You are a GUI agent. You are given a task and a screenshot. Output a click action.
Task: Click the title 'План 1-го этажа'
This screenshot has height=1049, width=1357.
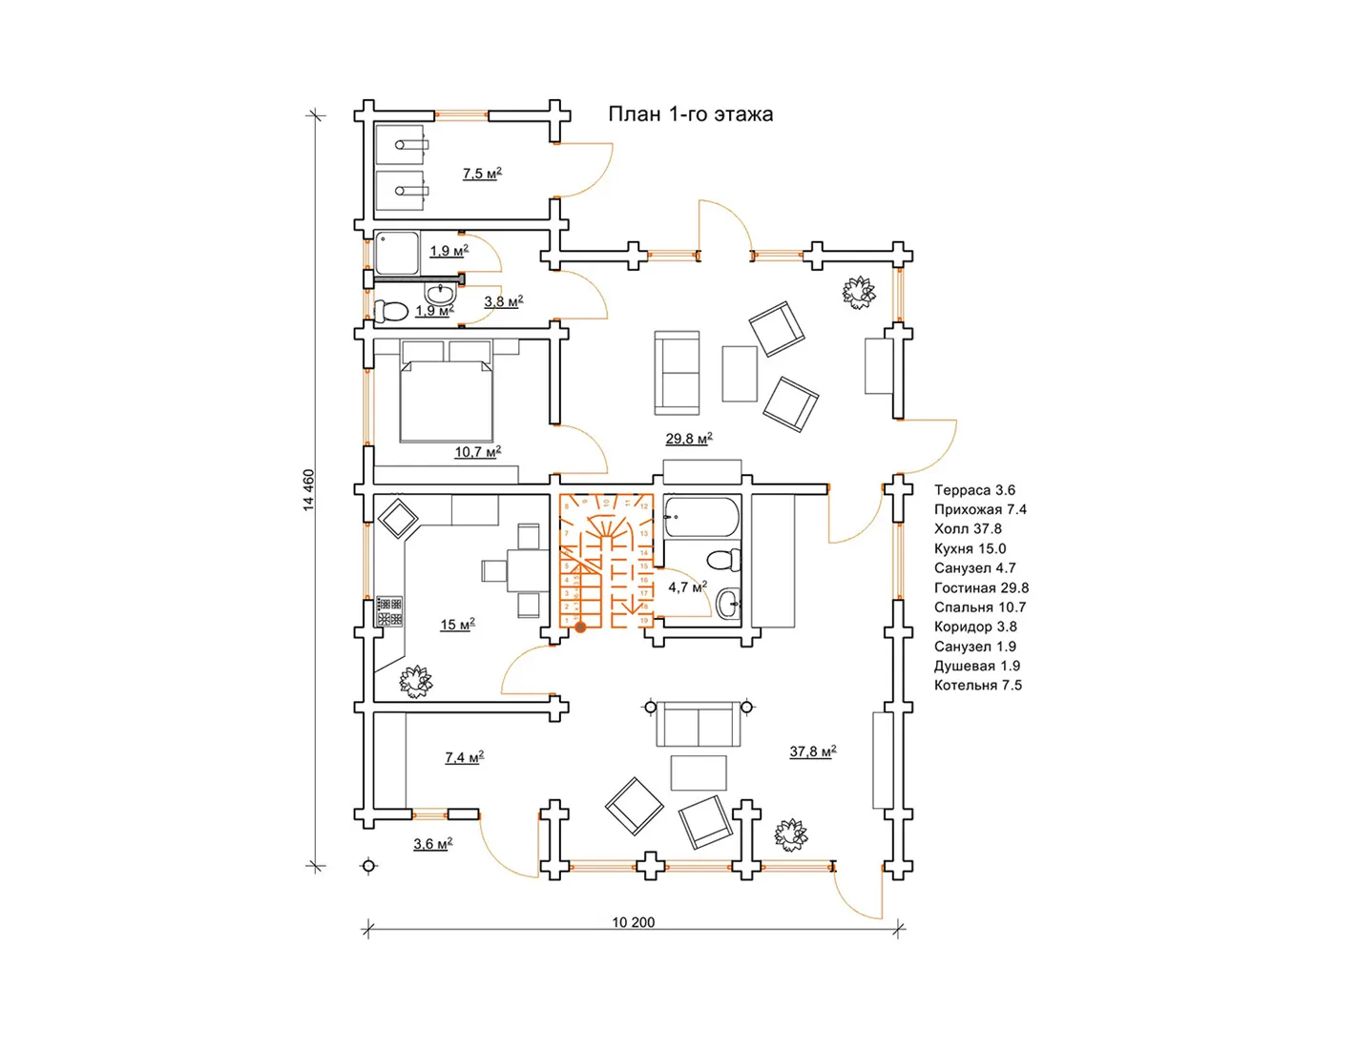point(691,114)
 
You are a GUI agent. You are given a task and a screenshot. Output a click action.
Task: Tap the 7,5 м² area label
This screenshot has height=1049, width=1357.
point(482,174)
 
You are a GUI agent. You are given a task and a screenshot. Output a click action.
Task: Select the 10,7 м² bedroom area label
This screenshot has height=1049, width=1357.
point(477,452)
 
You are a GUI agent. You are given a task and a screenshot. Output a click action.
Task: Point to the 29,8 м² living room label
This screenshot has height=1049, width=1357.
point(689,439)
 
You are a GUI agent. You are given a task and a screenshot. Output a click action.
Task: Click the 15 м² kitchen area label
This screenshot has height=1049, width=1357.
point(457,625)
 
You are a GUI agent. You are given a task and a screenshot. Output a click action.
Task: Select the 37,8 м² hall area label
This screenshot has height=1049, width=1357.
point(812,751)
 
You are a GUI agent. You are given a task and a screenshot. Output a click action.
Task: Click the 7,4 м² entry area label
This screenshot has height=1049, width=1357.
point(464,757)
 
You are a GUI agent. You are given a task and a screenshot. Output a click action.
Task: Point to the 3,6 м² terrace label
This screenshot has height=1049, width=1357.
point(432,844)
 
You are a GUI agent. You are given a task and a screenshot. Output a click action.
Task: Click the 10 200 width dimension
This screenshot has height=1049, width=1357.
point(634,922)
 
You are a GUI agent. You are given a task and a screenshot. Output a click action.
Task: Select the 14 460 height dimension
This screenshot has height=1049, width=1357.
point(308,490)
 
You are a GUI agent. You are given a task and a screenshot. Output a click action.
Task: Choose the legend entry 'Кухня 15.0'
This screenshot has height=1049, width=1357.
point(970,548)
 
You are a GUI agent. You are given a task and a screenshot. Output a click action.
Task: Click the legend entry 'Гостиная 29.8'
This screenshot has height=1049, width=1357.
point(981,587)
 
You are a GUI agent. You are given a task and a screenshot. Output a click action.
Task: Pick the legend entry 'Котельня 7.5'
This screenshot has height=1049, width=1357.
point(977,685)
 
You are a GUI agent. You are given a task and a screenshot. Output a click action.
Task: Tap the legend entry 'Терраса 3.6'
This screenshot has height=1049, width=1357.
point(974,490)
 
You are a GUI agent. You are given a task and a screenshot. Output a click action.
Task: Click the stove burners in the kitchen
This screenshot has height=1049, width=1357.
point(389,611)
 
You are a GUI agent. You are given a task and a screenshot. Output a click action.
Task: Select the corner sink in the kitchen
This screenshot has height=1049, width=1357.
point(397,520)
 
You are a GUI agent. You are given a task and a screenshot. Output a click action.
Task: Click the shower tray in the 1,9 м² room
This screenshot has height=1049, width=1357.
point(397,253)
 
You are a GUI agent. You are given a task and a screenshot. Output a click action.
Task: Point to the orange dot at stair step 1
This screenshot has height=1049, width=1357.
point(580,627)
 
